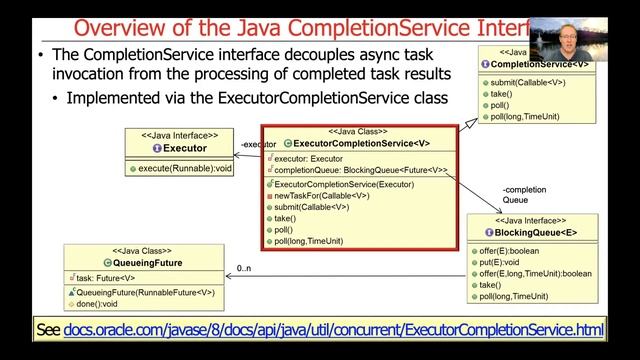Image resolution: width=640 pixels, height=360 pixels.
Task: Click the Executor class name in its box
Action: pyautogui.click(x=185, y=148)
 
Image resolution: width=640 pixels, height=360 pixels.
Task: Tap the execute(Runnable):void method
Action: pyautogui.click(x=185, y=169)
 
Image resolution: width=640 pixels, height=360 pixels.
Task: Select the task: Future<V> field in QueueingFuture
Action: pyautogui.click(x=105, y=278)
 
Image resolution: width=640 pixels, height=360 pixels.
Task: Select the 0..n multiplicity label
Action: pyautogui.click(x=244, y=269)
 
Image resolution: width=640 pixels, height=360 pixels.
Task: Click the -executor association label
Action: pyautogui.click(x=259, y=145)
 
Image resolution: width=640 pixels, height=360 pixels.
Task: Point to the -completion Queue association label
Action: pyautogui.click(x=524, y=194)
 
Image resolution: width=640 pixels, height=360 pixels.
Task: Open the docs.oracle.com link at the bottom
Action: pyautogui.click(x=334, y=329)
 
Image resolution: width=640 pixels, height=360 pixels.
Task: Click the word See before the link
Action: pyautogui.click(x=48, y=329)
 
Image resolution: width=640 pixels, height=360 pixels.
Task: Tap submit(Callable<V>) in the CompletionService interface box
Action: pyautogui.click(x=529, y=82)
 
